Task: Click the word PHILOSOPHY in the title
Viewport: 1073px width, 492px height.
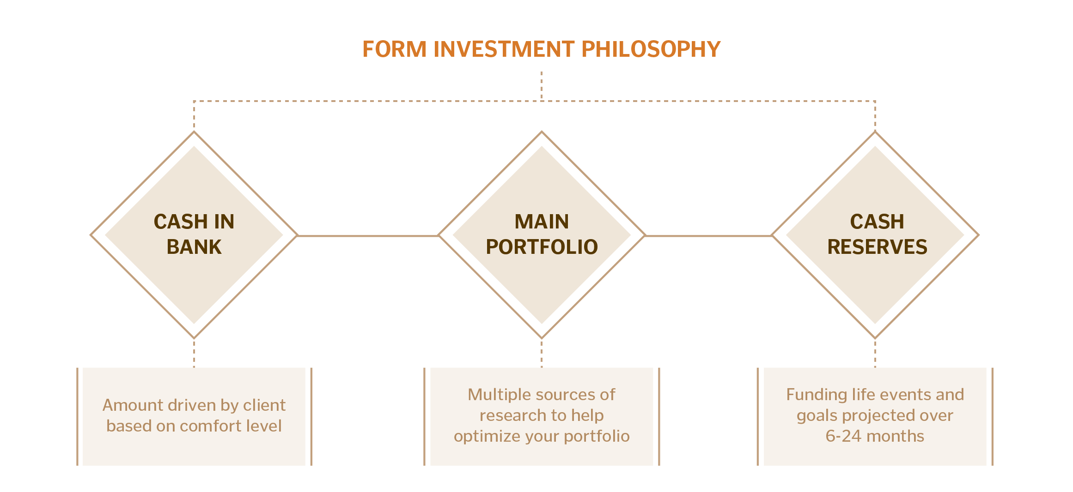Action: point(651,49)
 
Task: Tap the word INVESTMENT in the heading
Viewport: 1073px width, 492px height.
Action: point(504,49)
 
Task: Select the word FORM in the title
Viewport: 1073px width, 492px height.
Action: point(394,49)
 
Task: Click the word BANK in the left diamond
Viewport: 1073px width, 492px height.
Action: point(194,247)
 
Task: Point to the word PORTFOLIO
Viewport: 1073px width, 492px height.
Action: point(542,247)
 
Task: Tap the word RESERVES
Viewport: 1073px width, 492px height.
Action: point(877,247)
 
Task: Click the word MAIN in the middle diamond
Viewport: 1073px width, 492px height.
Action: point(542,222)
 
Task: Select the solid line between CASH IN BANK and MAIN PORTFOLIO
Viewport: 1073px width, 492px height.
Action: point(368,236)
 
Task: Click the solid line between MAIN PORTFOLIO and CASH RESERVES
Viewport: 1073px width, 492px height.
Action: point(708,236)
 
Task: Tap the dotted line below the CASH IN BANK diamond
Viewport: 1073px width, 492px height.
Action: point(194,354)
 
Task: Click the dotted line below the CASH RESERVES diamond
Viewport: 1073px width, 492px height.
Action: point(875,354)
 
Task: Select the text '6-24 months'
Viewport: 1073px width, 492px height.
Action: point(875,436)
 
